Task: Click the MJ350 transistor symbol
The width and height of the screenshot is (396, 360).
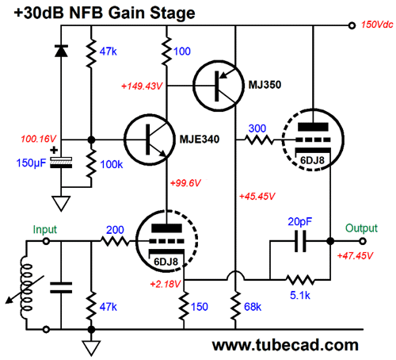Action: tap(219, 86)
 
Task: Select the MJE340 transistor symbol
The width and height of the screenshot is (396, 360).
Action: tap(150, 140)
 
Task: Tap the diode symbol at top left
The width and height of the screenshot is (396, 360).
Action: tap(61, 51)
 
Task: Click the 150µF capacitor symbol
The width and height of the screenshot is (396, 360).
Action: tap(61, 163)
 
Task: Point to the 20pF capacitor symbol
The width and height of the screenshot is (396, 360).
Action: tap(300, 241)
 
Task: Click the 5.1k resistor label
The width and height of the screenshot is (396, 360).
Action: tap(300, 295)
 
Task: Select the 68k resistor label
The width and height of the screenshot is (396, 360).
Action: tap(253, 307)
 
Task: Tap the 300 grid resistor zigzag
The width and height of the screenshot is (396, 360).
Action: tap(260, 140)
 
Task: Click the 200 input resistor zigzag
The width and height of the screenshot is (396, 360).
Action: tap(115, 241)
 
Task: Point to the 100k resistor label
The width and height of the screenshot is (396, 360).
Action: tap(112, 165)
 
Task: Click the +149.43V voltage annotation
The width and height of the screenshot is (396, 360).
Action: tap(142, 86)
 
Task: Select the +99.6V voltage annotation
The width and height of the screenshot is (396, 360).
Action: tap(185, 183)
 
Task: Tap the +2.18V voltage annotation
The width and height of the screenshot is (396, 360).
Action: tap(166, 284)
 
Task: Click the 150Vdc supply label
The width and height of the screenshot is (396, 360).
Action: tap(377, 25)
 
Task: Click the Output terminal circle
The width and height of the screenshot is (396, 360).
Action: tap(363, 241)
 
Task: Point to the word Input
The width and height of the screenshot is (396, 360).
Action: tap(45, 230)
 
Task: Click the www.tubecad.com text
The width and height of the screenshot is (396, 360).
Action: tap(285, 345)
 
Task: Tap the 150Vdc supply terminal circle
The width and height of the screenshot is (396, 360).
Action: tap(352, 25)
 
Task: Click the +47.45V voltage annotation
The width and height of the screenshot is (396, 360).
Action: tap(355, 256)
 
